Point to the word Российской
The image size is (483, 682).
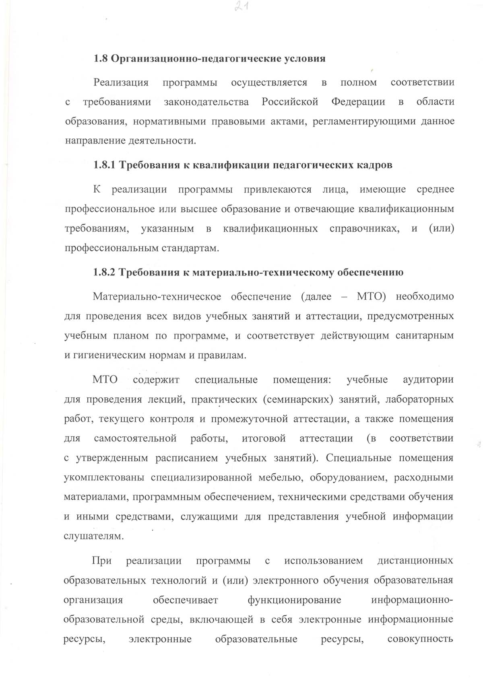(290, 102)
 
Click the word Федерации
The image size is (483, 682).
(358, 102)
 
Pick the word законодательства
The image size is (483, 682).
(206, 102)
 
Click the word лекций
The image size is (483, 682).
(167, 399)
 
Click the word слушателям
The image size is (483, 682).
(92, 536)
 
